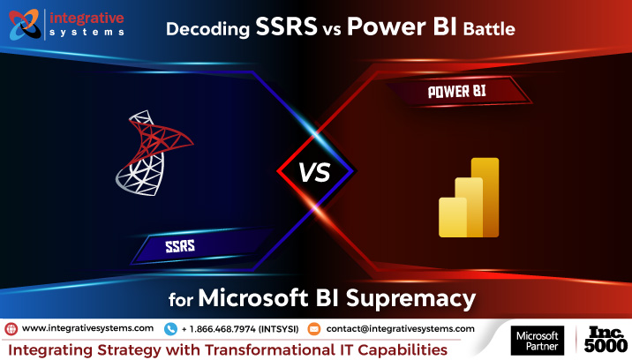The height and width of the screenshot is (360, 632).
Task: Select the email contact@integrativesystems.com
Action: pyautogui.click(x=400, y=328)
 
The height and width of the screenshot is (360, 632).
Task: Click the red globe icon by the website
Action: pyautogui.click(x=11, y=328)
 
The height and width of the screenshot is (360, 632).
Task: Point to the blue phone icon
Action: pyautogui.click(x=169, y=328)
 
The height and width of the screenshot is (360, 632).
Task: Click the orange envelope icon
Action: pyautogui.click(x=314, y=328)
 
